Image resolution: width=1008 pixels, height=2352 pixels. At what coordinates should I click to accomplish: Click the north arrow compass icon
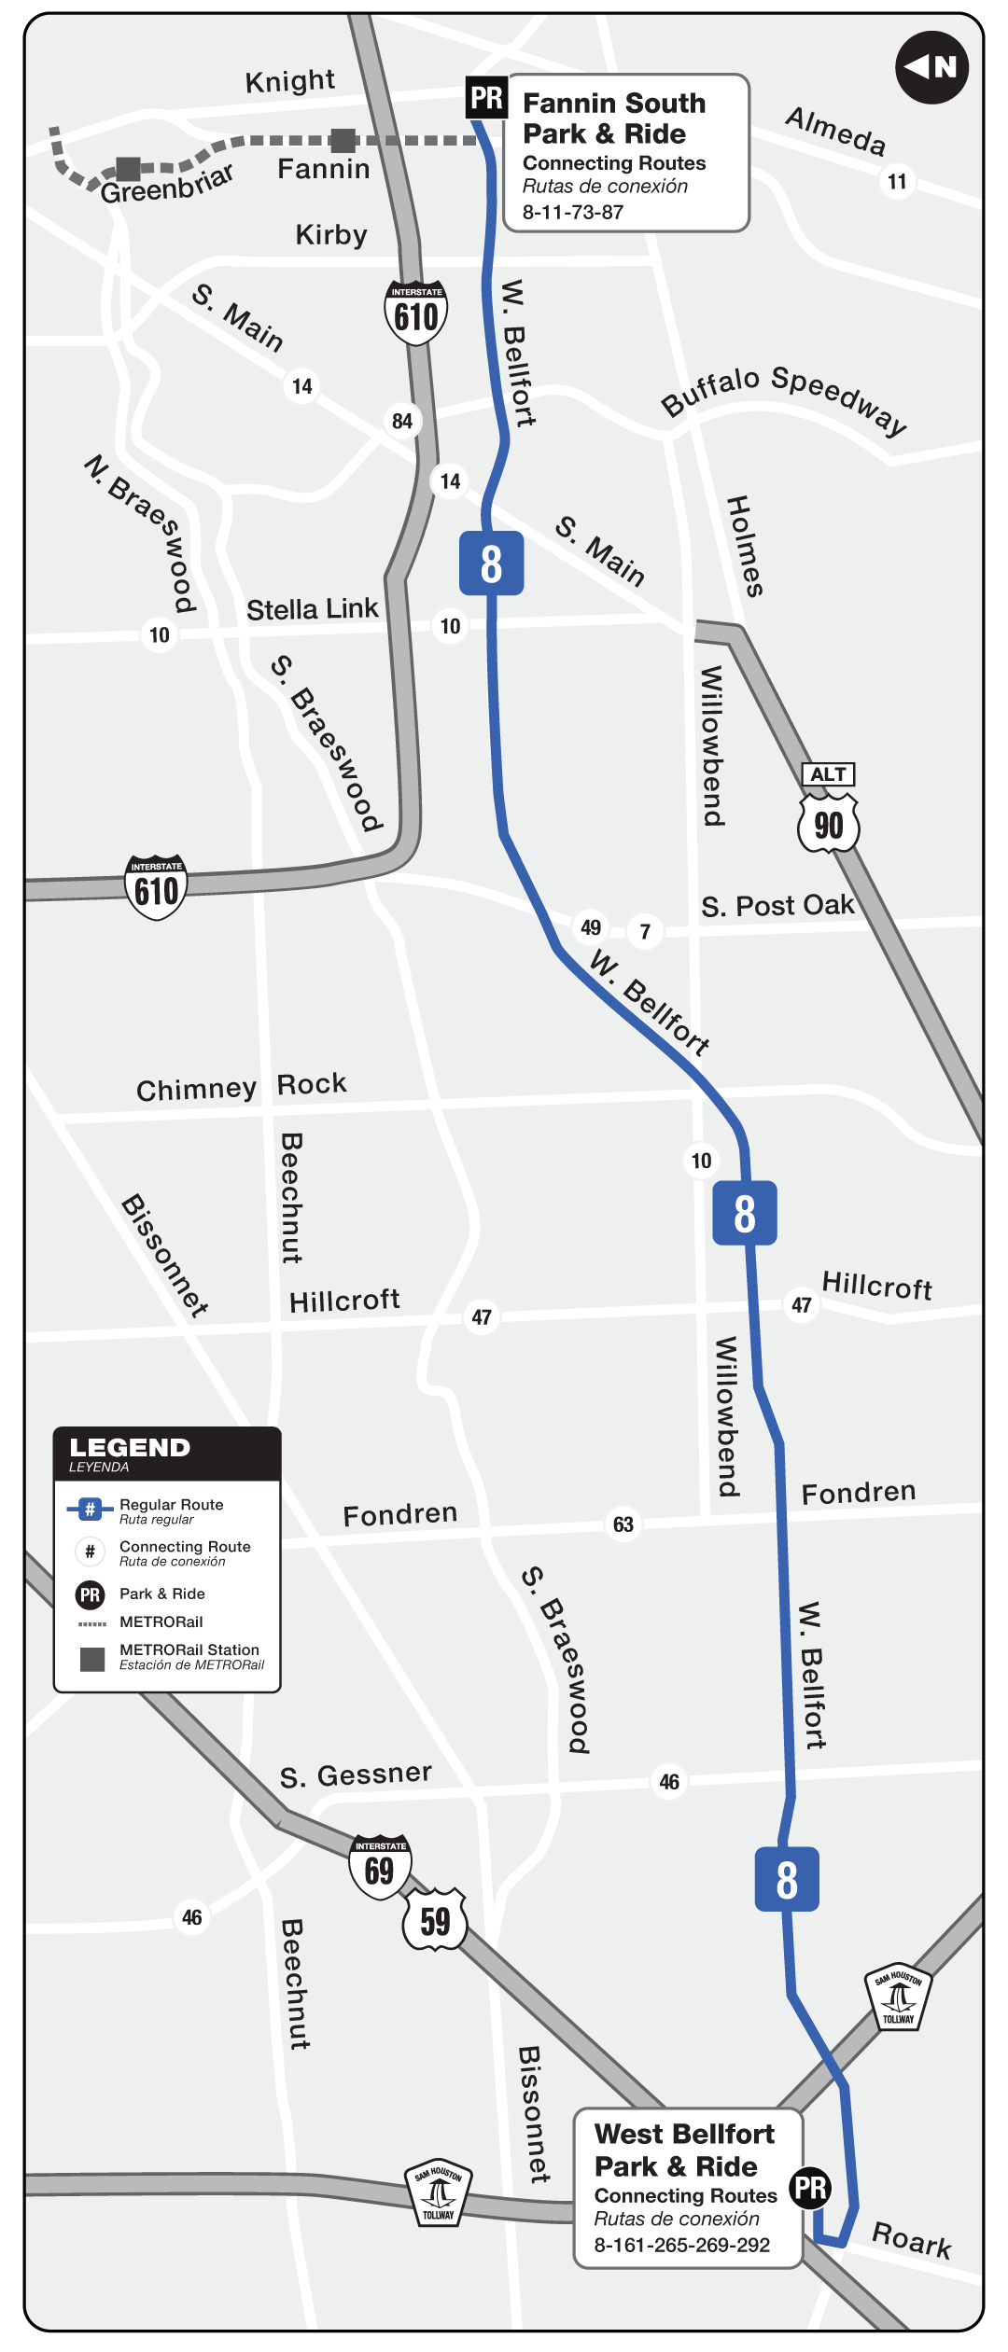click(931, 67)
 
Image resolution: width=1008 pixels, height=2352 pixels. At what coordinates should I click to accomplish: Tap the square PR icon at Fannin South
click(486, 97)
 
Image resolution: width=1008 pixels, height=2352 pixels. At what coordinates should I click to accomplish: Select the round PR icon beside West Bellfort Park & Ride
click(810, 2188)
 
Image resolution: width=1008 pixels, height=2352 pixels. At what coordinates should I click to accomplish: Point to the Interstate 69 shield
click(380, 1867)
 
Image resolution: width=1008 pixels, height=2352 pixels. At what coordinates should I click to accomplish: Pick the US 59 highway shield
click(435, 1920)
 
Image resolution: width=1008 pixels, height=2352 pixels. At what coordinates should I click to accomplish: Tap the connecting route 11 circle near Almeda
click(897, 181)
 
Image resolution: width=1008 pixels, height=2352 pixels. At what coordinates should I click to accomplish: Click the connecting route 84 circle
click(402, 421)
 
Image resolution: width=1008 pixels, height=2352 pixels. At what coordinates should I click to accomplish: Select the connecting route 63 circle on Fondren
click(623, 1524)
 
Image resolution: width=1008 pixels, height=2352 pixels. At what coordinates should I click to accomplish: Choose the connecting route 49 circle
click(591, 927)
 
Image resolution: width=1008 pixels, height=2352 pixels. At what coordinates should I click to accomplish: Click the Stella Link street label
click(312, 609)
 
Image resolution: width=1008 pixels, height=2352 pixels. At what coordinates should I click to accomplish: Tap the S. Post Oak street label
click(777, 906)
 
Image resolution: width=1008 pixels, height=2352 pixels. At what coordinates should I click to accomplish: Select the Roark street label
click(911, 2239)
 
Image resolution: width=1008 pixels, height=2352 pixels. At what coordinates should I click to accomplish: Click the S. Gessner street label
click(356, 1774)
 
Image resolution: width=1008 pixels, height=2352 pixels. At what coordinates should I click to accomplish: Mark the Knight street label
click(289, 81)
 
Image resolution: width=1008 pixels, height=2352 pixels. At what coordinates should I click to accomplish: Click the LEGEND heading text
click(130, 1447)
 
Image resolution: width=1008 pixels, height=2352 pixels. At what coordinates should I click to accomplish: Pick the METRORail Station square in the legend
click(92, 1659)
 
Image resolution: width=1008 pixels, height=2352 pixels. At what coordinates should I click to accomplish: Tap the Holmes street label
click(745, 546)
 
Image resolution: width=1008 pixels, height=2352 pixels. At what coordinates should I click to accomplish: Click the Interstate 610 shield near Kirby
click(416, 313)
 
